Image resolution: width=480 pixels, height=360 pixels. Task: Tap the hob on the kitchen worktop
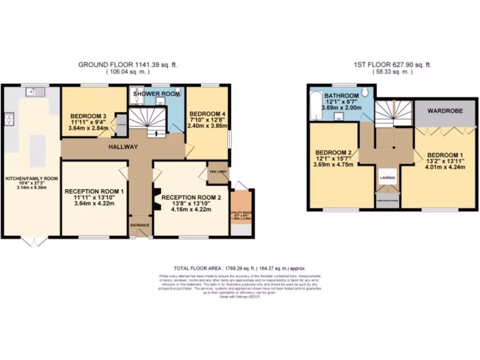point(8,120)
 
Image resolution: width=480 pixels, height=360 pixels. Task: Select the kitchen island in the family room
point(38,150)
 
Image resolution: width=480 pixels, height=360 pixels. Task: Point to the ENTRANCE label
point(140,225)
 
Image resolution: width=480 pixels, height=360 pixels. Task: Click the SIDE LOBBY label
point(218,172)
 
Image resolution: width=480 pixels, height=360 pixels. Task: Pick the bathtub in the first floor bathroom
point(314,106)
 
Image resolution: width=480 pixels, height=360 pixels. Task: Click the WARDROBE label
point(445,111)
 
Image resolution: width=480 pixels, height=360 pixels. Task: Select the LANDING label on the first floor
point(387,178)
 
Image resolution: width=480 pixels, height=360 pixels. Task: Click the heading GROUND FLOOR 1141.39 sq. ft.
point(127,65)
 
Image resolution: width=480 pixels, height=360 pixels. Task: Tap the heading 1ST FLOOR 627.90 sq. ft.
point(392,65)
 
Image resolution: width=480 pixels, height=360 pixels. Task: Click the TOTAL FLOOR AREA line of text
point(240,269)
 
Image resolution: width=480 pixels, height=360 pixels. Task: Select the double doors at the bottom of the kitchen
point(35,241)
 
